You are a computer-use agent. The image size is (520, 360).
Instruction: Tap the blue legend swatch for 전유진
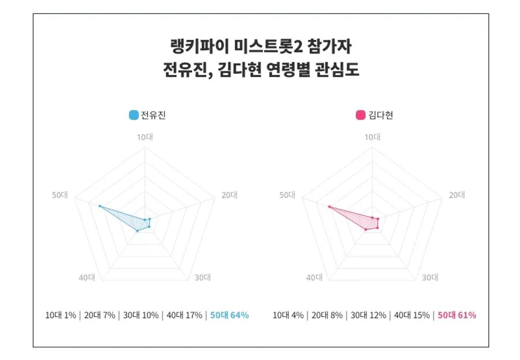(x=134, y=115)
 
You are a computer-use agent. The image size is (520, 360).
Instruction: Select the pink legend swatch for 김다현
(x=361, y=115)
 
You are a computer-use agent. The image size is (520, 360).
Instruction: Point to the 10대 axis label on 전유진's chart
(x=144, y=137)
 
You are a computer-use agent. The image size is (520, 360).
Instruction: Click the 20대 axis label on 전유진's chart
(x=229, y=195)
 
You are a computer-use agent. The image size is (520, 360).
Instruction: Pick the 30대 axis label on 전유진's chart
(x=202, y=277)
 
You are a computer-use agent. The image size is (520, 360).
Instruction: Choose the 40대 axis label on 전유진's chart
(x=87, y=277)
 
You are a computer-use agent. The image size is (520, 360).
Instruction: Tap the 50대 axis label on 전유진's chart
(x=60, y=195)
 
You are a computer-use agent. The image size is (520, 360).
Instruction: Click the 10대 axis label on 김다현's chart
(x=372, y=137)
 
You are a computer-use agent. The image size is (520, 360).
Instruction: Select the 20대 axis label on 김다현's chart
(x=457, y=195)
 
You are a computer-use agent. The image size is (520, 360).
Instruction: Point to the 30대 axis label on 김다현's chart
(x=430, y=277)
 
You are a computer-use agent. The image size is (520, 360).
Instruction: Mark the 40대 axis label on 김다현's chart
(x=314, y=277)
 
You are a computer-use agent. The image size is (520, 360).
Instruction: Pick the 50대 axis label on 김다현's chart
(x=287, y=195)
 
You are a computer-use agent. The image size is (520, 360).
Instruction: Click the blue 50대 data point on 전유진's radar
(x=99, y=206)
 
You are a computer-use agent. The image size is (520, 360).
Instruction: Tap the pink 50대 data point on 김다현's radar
(x=329, y=206)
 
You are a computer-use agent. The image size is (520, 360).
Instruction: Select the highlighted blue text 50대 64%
(x=229, y=315)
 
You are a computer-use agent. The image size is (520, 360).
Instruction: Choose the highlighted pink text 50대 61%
(x=457, y=315)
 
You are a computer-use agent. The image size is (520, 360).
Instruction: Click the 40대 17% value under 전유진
(x=184, y=315)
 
